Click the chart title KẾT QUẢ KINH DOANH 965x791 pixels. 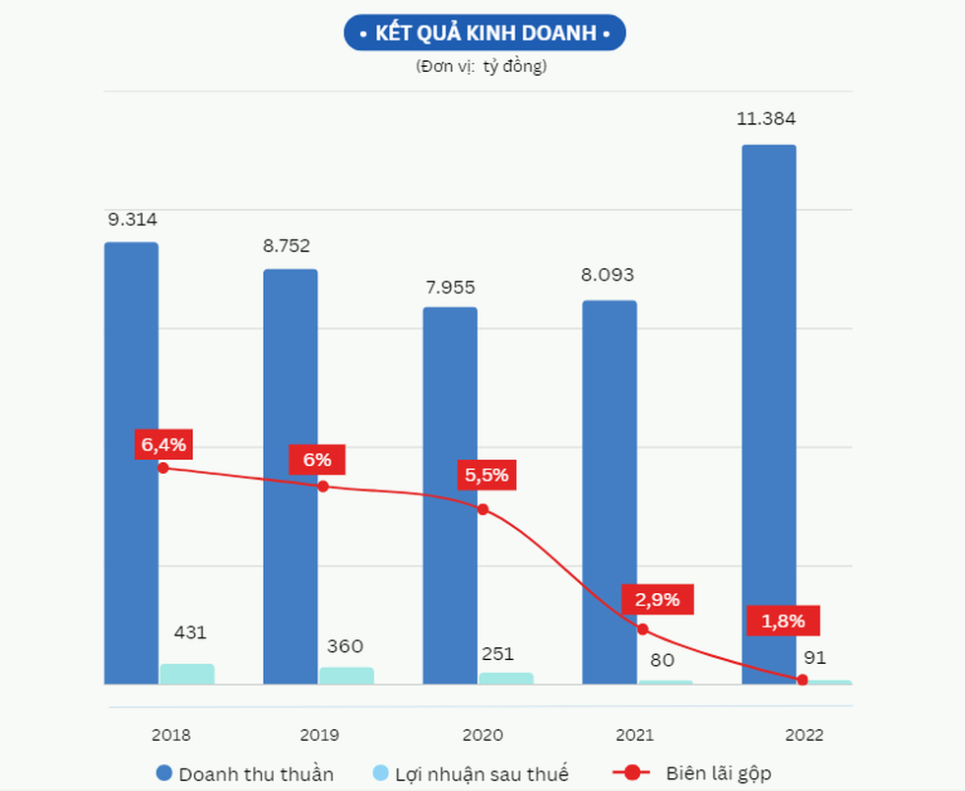click(484, 33)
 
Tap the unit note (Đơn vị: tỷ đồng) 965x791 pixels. click(482, 67)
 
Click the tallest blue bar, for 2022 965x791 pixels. click(769, 394)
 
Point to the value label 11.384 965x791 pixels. click(766, 119)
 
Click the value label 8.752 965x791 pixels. click(287, 246)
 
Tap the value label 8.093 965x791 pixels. click(608, 275)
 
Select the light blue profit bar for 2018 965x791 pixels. click(187, 674)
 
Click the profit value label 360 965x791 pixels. click(345, 646)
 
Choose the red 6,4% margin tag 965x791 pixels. click(163, 445)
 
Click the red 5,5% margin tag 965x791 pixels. click(487, 475)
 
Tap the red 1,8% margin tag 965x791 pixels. click(783, 621)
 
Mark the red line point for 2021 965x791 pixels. click(643, 628)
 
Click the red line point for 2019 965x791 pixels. click(323, 486)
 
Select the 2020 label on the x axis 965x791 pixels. click(482, 735)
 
